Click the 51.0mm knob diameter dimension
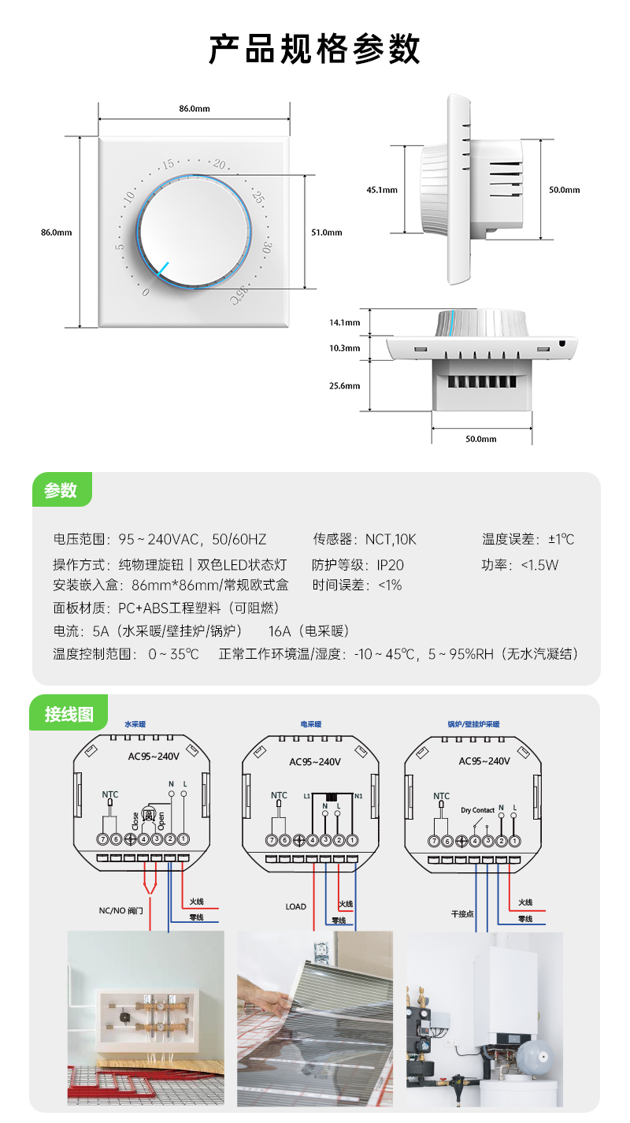[x=327, y=232]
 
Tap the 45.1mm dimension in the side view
[x=382, y=190]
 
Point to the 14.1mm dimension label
[x=344, y=322]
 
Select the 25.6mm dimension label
[x=344, y=385]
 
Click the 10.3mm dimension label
[x=344, y=348]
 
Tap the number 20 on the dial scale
[x=219, y=165]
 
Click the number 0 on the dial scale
[x=145, y=292]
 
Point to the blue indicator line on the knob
[x=162, y=270]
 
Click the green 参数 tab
[x=61, y=490]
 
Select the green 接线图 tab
[x=69, y=714]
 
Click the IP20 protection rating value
[x=390, y=564]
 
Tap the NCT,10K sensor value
[x=391, y=539]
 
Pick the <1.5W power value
[x=539, y=564]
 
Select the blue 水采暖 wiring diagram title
[x=136, y=723]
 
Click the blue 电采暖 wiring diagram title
[x=311, y=723]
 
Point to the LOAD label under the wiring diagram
[x=295, y=906]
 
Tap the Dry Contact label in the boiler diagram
[x=478, y=810]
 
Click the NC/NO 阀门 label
[x=121, y=910]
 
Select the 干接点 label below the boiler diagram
[x=462, y=914]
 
